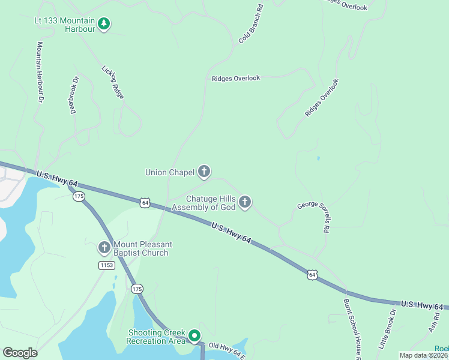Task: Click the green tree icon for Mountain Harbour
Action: click(104, 24)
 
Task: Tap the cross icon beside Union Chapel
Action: click(204, 172)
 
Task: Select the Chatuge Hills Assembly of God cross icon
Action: click(244, 202)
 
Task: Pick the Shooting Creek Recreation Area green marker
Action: click(194, 336)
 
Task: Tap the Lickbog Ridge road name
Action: click(113, 82)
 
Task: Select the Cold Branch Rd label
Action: click(251, 24)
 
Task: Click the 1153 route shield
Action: click(106, 265)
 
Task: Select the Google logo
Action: click(20, 353)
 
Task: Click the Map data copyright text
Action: click(424, 355)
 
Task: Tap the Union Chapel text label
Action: click(170, 172)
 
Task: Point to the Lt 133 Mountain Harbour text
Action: click(65, 24)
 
